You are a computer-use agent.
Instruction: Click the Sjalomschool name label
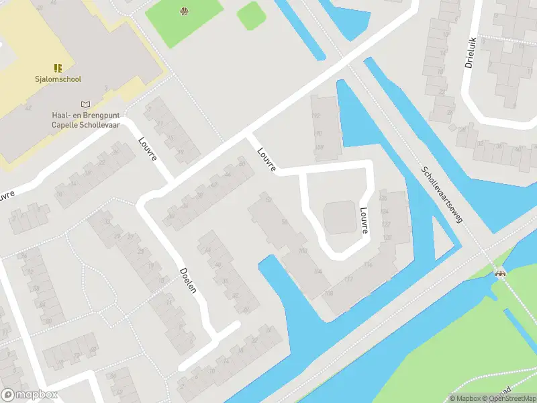click(x=58, y=79)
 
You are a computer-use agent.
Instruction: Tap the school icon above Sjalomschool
click(x=58, y=67)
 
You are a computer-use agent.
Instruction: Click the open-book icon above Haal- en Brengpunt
click(x=85, y=104)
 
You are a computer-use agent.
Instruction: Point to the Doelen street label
click(x=189, y=280)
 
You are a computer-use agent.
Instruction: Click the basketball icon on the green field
click(x=183, y=10)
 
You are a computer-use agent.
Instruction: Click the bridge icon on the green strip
click(x=499, y=273)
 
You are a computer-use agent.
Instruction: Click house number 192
click(x=316, y=116)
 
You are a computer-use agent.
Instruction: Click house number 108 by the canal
click(x=328, y=293)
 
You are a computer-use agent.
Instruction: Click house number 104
click(x=317, y=271)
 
